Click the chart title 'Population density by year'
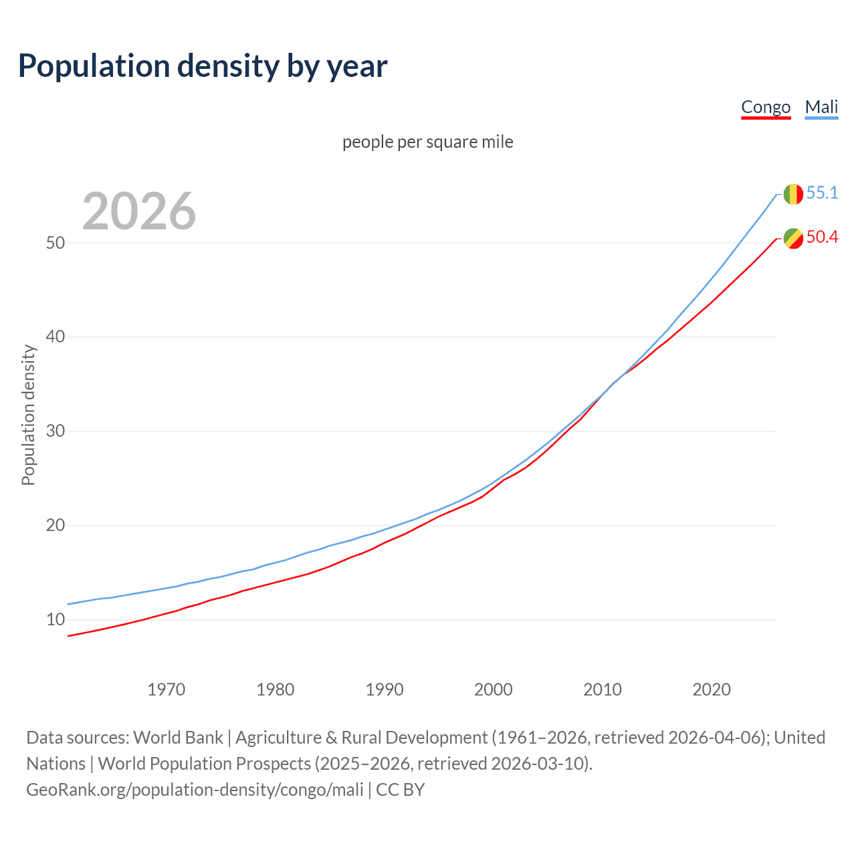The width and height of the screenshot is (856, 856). pos(203,66)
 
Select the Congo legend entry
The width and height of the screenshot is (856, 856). pos(766,107)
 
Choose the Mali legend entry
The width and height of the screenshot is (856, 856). pos(821,107)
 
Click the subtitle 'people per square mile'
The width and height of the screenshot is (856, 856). pos(428,142)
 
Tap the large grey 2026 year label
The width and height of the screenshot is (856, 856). pos(139,211)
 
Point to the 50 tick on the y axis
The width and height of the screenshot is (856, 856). pos(56,243)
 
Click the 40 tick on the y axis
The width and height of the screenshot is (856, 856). pos(56,337)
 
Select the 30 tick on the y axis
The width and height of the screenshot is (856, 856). pos(56,431)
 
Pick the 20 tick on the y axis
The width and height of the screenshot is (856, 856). pos(56,526)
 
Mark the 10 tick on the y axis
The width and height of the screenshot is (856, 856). pos(56,620)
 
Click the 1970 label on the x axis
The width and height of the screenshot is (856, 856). pos(167,689)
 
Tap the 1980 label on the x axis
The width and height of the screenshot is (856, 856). pos(276,689)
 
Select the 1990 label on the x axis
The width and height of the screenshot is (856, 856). pos(385,689)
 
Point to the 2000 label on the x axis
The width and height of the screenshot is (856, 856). pos(494,689)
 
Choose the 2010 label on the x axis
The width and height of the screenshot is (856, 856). pos(603,689)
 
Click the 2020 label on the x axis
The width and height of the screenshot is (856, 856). pos(712,689)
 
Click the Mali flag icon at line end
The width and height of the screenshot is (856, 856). pos(793,194)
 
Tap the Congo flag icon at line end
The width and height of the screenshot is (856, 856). pos(793,238)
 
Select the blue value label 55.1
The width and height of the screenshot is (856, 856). pos(822,193)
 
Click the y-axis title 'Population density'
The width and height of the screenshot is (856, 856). pos(28,415)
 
